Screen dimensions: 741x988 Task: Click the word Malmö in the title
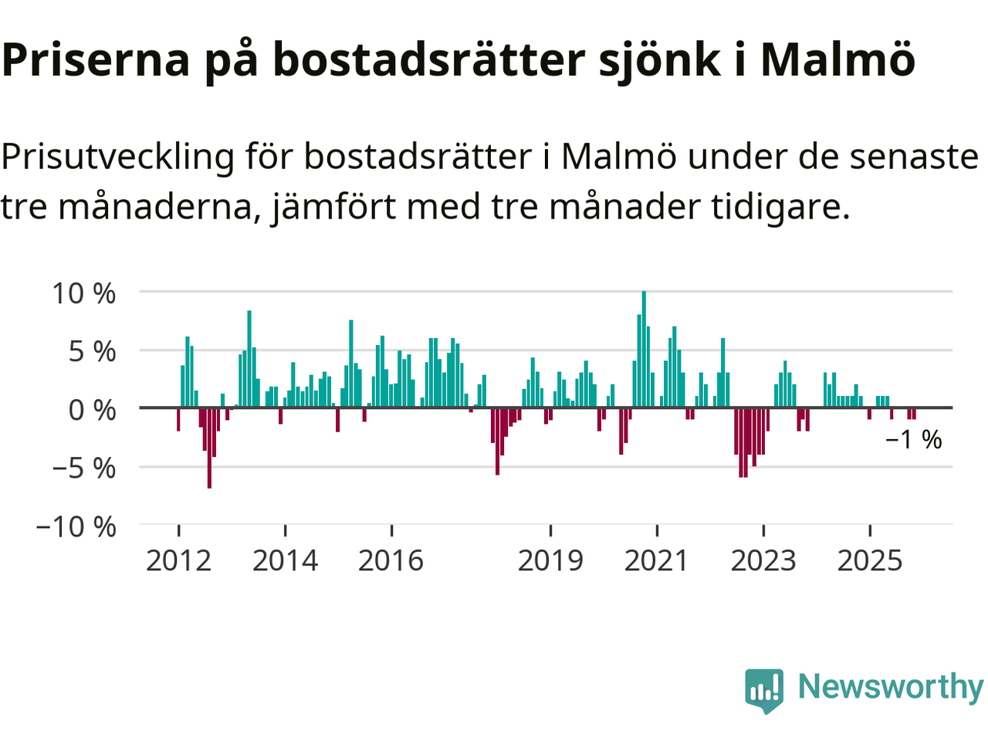(x=837, y=59)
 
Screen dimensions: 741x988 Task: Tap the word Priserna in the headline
(x=96, y=59)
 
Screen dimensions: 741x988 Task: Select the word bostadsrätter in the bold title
(x=428, y=59)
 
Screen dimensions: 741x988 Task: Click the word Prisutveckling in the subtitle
(x=117, y=157)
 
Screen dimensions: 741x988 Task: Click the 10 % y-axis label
(x=83, y=293)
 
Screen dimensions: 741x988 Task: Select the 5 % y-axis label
(x=92, y=352)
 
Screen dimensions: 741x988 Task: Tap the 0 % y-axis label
(x=92, y=410)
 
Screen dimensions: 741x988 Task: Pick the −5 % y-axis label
(x=83, y=468)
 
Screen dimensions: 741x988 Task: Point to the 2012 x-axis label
(x=178, y=560)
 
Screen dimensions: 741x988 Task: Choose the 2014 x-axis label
(x=285, y=560)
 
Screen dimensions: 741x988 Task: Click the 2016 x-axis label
(x=391, y=560)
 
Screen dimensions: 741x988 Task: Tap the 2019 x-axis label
(x=550, y=560)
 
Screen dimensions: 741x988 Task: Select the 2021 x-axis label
(x=656, y=560)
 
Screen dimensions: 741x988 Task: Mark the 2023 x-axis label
(x=763, y=560)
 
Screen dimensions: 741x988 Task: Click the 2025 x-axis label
(x=869, y=560)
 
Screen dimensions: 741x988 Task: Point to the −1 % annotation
(x=914, y=440)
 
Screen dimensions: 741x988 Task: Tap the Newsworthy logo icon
(x=764, y=689)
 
